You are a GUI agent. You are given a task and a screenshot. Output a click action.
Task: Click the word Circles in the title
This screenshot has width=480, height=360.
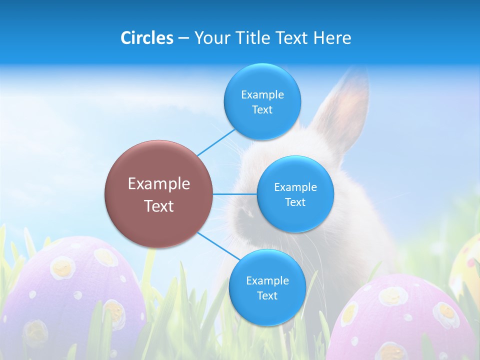(x=146, y=37)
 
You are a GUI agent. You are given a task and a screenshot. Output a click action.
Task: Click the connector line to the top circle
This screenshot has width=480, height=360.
(x=216, y=142)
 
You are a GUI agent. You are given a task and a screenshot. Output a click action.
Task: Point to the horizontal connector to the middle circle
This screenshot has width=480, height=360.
(x=235, y=194)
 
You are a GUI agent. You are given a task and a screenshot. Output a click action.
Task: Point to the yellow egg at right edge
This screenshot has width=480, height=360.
(x=467, y=265)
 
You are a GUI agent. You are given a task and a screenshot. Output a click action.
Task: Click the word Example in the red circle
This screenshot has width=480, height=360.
(x=159, y=183)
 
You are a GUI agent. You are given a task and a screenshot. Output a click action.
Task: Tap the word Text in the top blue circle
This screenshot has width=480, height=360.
(x=262, y=110)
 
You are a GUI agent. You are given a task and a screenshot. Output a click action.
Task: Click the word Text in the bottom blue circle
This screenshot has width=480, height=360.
(x=267, y=295)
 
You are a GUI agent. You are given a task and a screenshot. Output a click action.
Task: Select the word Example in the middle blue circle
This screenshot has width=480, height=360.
(x=295, y=187)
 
